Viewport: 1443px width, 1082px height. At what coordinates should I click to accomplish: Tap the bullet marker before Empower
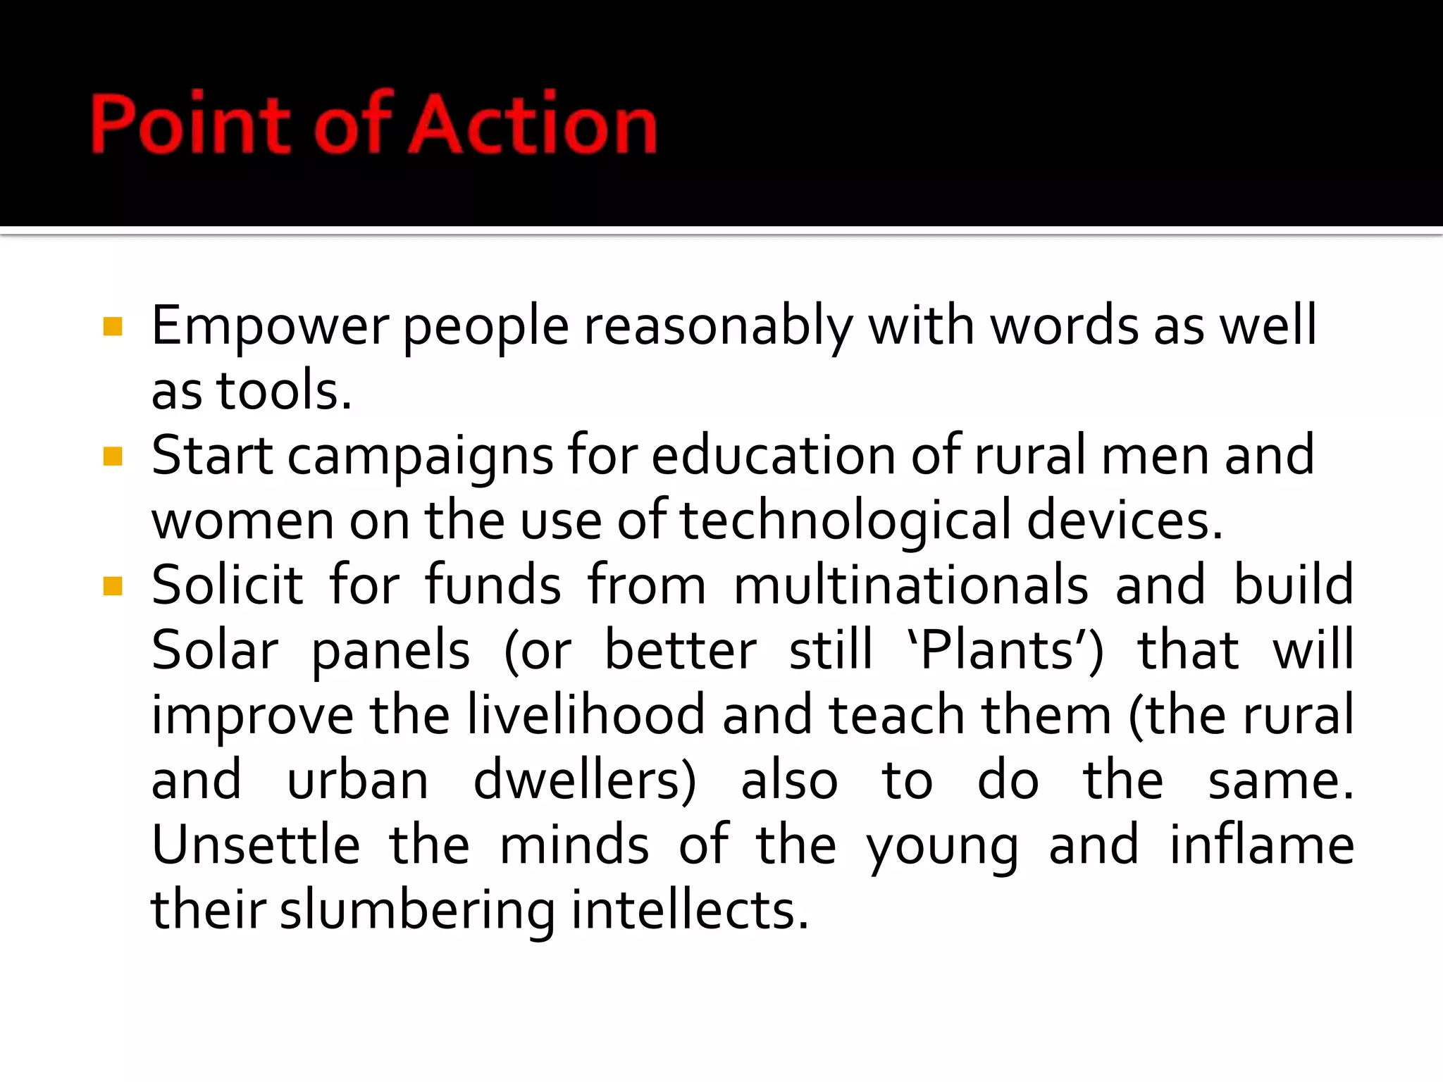pyautogui.click(x=113, y=327)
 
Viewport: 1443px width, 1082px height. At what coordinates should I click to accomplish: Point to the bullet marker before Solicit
pyautogui.click(x=113, y=586)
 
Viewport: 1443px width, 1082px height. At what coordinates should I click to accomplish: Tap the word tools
pyautogui.click(x=283, y=392)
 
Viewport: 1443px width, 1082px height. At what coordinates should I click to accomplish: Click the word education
pyautogui.click(x=773, y=456)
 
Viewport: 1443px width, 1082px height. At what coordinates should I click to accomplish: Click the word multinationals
pyautogui.click(x=911, y=586)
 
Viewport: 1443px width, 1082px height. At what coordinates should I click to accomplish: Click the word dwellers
pyautogui.click(x=584, y=781)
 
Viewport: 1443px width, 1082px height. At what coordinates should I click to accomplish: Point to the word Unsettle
pyautogui.click(x=256, y=845)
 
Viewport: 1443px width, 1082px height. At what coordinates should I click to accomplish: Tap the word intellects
pyautogui.click(x=689, y=910)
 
